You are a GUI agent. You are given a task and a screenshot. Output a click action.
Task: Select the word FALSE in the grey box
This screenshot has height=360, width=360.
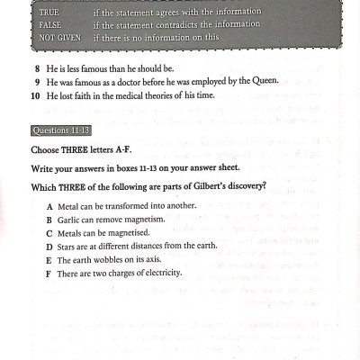coord(50,25)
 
